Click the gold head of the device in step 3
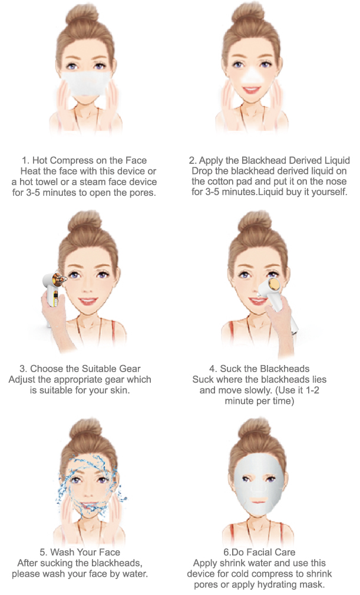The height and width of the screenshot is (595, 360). click(58, 278)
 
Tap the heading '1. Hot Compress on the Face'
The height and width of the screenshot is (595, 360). click(84, 160)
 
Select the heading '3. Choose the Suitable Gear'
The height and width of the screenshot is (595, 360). click(80, 369)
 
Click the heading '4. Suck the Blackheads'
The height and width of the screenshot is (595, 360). click(259, 369)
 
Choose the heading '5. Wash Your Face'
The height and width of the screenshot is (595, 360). click(80, 552)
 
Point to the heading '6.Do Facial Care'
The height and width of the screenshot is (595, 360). click(259, 552)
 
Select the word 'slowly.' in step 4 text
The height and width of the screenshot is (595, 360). click(256, 390)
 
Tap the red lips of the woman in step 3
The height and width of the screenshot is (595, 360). click(88, 301)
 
